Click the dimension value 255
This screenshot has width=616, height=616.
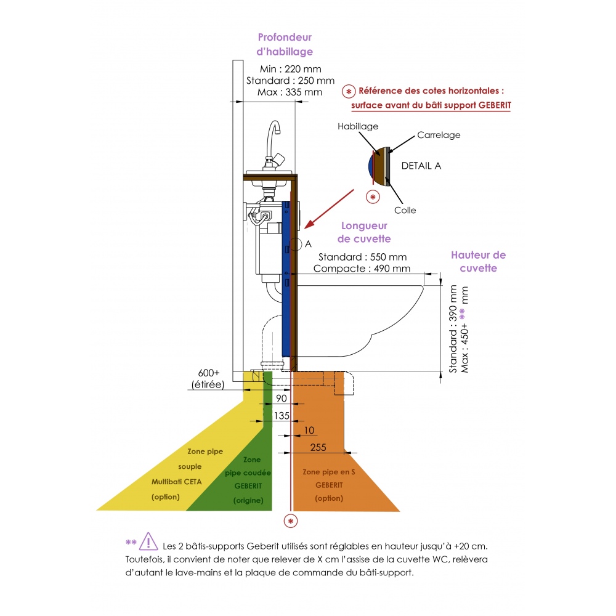tap(318, 447)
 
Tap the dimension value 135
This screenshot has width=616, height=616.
tap(282, 415)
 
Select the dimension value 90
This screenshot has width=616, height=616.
tap(282, 398)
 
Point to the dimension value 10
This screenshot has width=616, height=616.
tap(309, 430)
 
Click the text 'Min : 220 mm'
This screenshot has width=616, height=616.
tap(290, 69)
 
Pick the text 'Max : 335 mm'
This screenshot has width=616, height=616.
tap(290, 92)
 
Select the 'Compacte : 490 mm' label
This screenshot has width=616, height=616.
tap(362, 269)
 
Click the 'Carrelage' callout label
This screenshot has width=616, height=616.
tap(439, 135)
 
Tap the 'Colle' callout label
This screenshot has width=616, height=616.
tap(405, 210)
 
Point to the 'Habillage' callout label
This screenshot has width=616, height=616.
tap(357, 126)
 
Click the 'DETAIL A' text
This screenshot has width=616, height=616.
tap(421, 166)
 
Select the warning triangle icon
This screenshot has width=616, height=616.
tap(148, 541)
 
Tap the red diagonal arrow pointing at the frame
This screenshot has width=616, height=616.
tap(329, 209)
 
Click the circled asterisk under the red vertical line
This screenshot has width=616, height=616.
tap(290, 521)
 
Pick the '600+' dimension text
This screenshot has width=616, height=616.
tap(209, 373)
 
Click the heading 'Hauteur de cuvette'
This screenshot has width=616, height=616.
tap(478, 261)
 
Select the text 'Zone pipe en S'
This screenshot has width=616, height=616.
tap(329, 472)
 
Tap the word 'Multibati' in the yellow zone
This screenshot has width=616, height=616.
tap(165, 482)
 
